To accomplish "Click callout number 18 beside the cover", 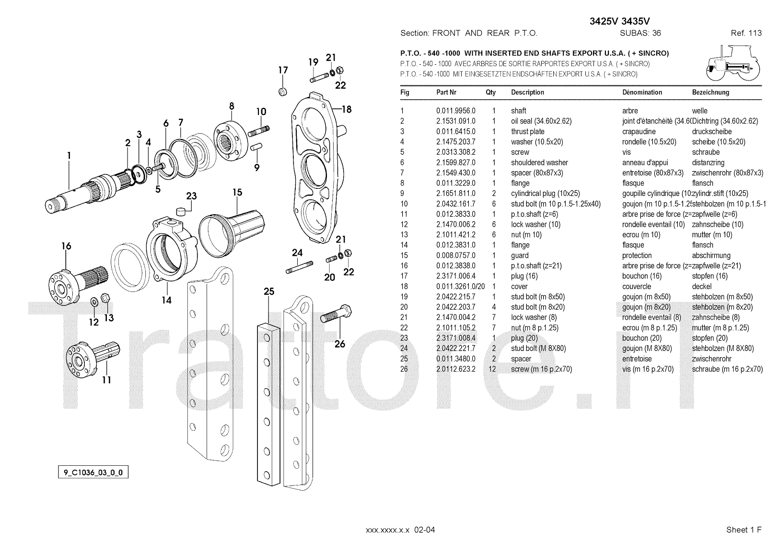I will pos(347,109).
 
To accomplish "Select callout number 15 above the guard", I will pos(237,193).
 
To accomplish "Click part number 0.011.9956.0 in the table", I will pos(455,111).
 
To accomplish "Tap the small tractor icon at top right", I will pos(731,63).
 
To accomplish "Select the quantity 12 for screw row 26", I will pos(492,369).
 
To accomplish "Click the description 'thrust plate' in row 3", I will pos(527,131).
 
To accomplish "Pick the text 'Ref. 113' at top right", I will pos(746,33).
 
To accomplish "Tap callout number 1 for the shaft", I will pos(69,155).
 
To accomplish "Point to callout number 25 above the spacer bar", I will pos(269,291).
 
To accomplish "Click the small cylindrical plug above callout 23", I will pos(181,211).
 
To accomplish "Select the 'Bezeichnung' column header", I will pos(710,92).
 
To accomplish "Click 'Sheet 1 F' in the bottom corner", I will pos(744,530).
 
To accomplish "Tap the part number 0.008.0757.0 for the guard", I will pos(455,255).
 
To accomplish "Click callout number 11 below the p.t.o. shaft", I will pos(106,380).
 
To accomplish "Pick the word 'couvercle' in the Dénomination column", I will pos(637,287).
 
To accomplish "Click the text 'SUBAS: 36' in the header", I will pos(640,33).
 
